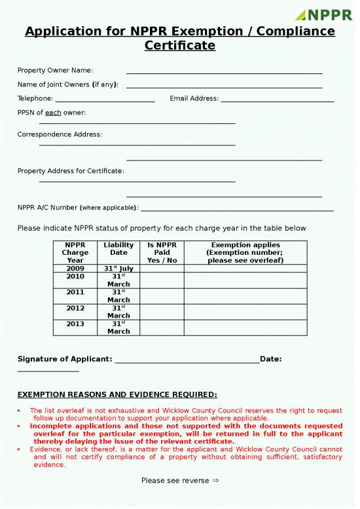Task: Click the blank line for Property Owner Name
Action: tap(224, 73)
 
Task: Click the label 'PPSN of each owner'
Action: tap(51, 113)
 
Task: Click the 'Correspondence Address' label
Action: tap(60, 134)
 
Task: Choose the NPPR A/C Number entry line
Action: tap(237, 210)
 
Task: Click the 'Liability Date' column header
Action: tap(118, 252)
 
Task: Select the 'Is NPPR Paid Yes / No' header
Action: tap(162, 252)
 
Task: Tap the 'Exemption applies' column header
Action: tap(245, 252)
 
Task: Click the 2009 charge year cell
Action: tap(75, 269)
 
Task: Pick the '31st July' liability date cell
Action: tap(118, 269)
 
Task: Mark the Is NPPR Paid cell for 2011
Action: tap(162, 296)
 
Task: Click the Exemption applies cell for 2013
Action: tap(245, 328)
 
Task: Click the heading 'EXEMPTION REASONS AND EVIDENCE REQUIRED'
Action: tap(117, 394)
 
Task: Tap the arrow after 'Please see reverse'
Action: tap(215, 481)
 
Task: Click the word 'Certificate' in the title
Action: tap(179, 46)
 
